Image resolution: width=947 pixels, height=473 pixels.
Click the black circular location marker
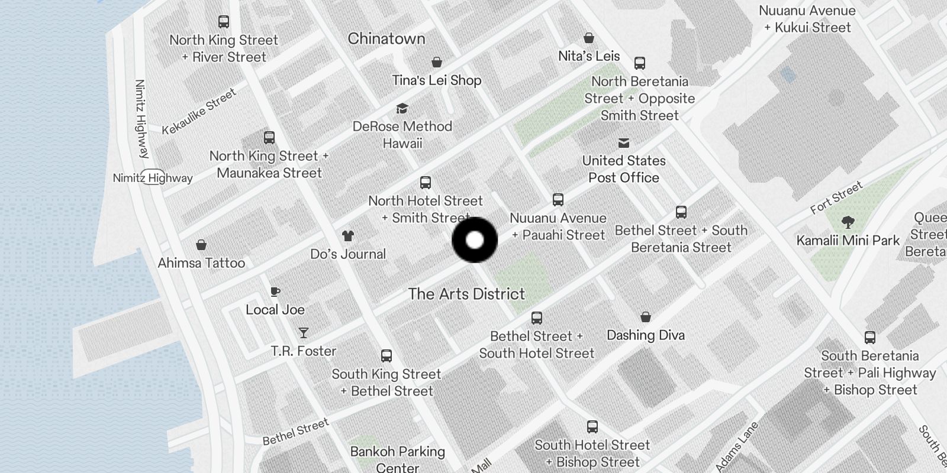tap(475, 240)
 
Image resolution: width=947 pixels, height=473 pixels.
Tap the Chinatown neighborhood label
tap(386, 39)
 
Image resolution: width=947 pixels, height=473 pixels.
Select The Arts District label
tap(466, 294)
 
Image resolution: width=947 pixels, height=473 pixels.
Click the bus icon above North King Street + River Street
tap(224, 22)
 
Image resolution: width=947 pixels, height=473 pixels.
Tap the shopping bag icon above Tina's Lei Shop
tap(437, 62)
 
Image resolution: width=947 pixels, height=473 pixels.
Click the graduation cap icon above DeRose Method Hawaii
tap(402, 108)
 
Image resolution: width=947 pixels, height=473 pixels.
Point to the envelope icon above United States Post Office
tap(624, 143)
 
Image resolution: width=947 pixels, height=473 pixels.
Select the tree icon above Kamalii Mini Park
tap(848, 222)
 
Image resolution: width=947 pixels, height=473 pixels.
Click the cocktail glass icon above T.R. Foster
tap(304, 333)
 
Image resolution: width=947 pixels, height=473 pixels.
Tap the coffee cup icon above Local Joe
tap(275, 291)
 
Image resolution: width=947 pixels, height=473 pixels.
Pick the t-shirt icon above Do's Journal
tap(348, 236)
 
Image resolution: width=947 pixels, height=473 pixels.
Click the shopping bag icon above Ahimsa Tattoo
tap(201, 245)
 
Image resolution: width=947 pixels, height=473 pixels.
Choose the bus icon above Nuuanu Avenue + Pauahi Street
tap(558, 200)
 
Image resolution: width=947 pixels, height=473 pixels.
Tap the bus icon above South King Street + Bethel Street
tap(386, 356)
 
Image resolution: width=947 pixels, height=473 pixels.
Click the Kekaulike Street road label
tap(199, 111)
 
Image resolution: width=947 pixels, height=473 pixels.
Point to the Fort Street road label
tap(836, 198)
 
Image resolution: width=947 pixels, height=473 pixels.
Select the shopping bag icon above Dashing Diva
tap(646, 318)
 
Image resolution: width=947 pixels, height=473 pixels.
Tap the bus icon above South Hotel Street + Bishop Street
tap(592, 427)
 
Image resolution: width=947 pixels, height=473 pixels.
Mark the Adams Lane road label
tap(737, 447)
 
